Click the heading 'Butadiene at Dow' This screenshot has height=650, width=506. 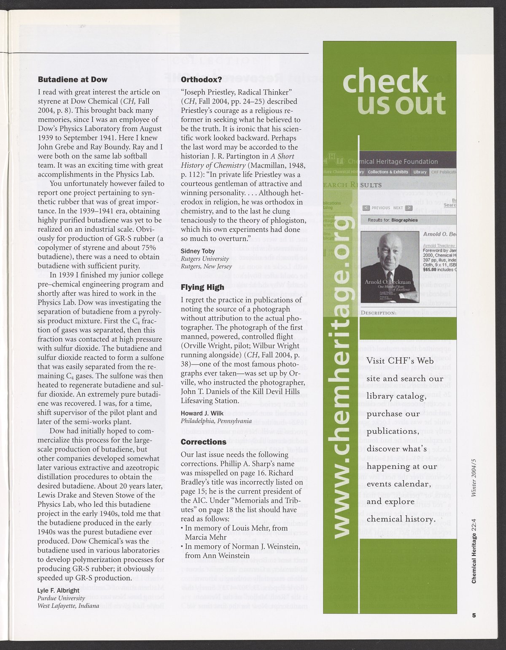[x=73, y=79]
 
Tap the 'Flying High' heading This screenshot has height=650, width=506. [x=202, y=287]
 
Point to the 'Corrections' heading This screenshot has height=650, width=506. [x=204, y=442]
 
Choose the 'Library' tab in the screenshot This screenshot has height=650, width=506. [x=420, y=172]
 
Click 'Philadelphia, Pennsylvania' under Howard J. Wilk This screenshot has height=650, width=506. [x=216, y=421]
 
